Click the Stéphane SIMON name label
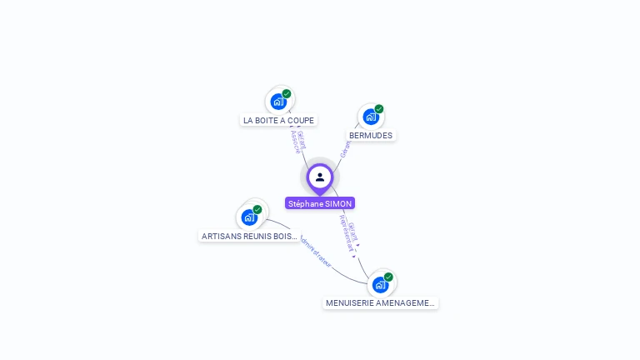[320, 203]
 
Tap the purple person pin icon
[320, 177]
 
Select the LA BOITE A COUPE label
[278, 120]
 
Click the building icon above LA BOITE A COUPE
[278, 102]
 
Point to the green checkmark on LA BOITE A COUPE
[287, 93]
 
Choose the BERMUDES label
[371, 135]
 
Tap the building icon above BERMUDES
[371, 117]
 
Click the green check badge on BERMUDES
[379, 109]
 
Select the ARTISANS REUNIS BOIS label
[249, 236]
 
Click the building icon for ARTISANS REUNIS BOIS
[249, 217]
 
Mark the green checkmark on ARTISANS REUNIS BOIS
[257, 210]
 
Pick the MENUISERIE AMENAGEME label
[381, 303]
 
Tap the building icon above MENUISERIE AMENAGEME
[380, 285]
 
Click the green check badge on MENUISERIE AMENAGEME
[388, 277]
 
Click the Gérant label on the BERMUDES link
[345, 149]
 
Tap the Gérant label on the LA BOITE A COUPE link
[302, 139]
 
